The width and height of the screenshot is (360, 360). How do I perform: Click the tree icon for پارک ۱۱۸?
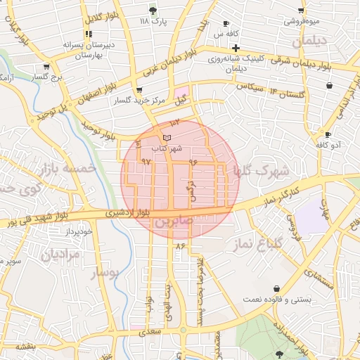(x=153, y=11)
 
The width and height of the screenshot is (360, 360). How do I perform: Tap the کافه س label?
(x=228, y=34)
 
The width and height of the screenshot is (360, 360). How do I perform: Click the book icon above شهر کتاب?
(x=167, y=137)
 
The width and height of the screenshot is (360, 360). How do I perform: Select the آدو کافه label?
(x=328, y=145)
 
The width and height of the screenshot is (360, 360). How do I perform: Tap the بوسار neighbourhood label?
(x=106, y=271)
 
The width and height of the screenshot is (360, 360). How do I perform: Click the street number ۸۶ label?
(x=180, y=245)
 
